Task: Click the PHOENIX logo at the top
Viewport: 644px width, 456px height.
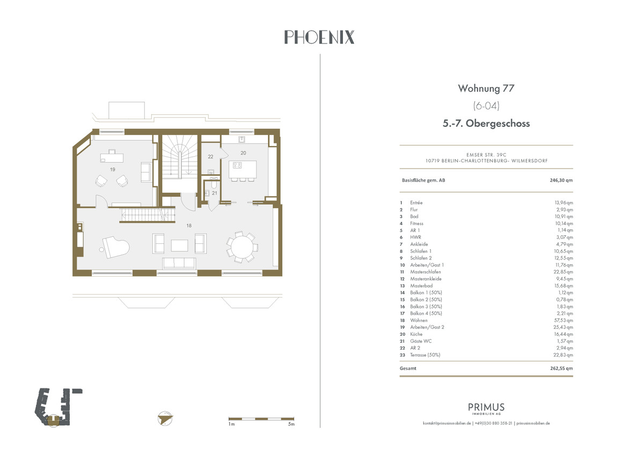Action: (x=319, y=37)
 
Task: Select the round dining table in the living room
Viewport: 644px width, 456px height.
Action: (x=242, y=247)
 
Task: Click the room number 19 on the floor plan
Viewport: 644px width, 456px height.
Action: (x=112, y=169)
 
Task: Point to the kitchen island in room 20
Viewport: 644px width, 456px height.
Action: (x=243, y=169)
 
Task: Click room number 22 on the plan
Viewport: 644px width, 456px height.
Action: (x=210, y=157)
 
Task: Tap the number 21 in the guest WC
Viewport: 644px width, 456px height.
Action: (x=215, y=193)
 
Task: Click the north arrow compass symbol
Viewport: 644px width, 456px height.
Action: (x=165, y=418)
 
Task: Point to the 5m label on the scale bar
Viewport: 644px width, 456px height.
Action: (x=291, y=424)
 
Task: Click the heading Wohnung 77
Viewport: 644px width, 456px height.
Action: (x=486, y=88)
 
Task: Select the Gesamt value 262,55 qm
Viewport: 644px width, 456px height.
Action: (x=561, y=368)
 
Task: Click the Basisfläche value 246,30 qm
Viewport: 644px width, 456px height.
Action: (x=561, y=180)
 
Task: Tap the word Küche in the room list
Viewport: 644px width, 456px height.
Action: (x=416, y=334)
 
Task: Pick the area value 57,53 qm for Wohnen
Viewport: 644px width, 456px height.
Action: (x=563, y=320)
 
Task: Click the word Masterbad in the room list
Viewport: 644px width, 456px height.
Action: (x=421, y=286)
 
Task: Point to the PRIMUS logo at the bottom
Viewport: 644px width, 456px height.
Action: (x=486, y=409)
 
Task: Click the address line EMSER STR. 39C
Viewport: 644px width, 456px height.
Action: (x=486, y=155)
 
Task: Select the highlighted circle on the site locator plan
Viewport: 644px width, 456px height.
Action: (x=53, y=421)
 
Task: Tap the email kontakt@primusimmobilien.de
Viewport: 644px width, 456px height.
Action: (x=447, y=423)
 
